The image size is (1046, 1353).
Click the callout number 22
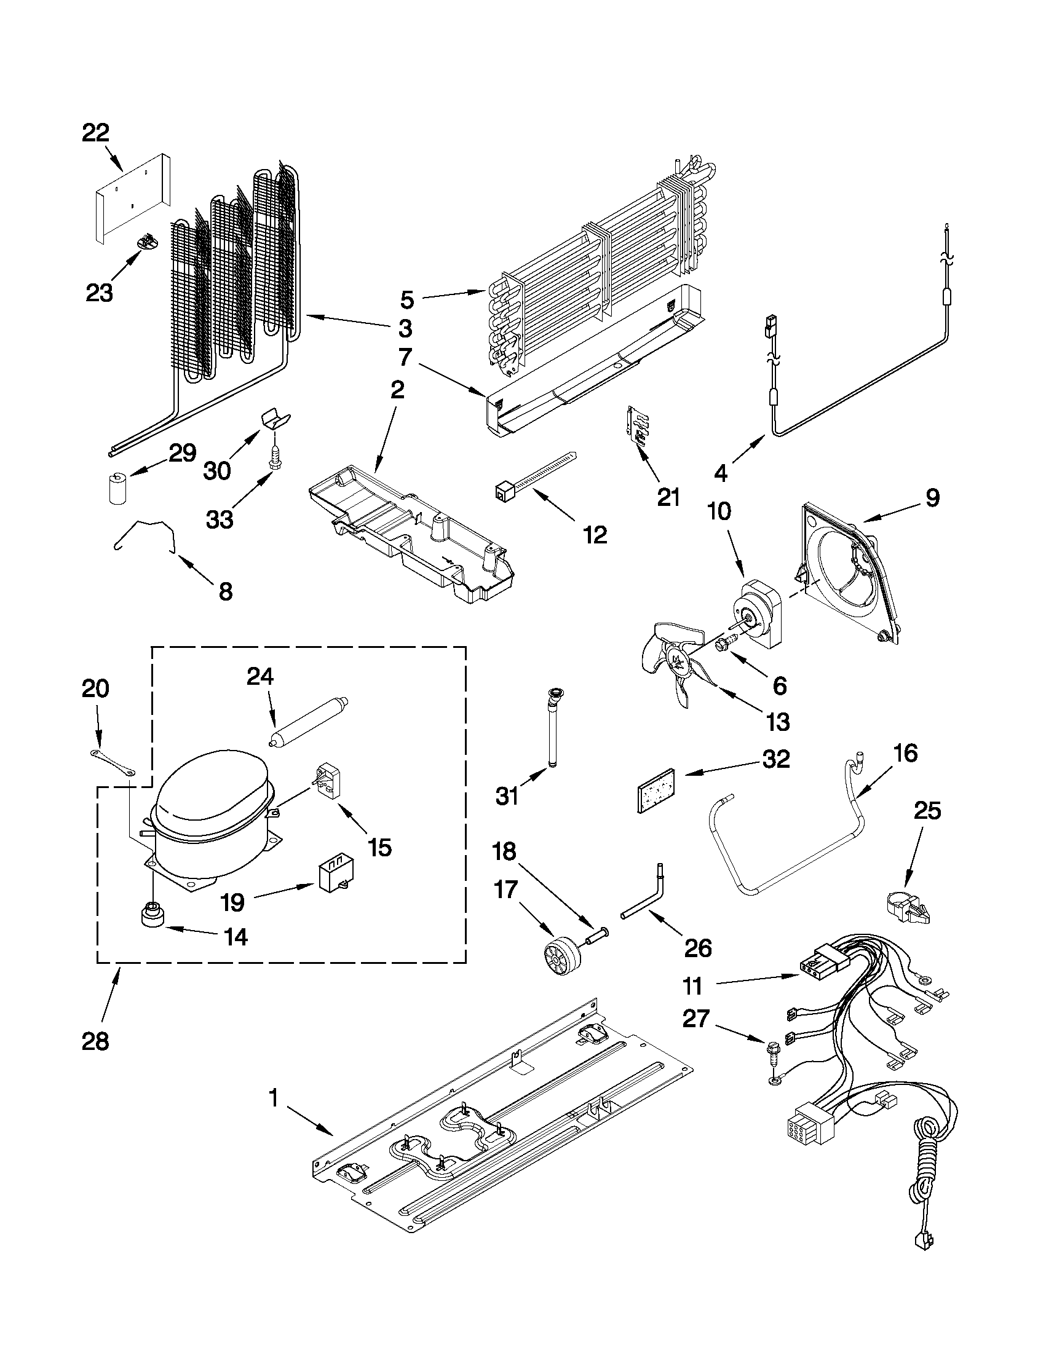pos(95,133)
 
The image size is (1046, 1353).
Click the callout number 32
pos(776,759)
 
